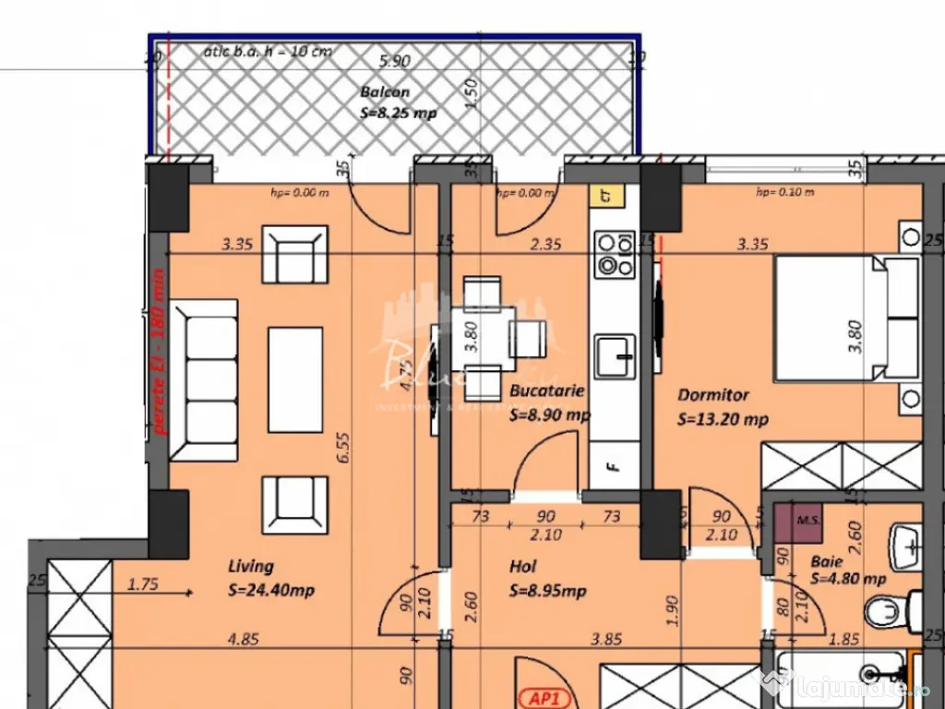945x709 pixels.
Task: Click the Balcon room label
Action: [385, 92]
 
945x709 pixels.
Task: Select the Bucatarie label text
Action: [547, 391]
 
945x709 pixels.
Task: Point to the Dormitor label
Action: [712, 394]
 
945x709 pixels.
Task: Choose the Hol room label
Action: [522, 566]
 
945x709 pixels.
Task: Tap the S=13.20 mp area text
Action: [723, 419]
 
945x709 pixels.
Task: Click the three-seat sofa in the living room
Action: [203, 380]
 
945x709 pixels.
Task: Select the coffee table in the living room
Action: [294, 379]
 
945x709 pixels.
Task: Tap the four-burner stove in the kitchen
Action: [615, 255]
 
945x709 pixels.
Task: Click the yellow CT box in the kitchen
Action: [606, 196]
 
